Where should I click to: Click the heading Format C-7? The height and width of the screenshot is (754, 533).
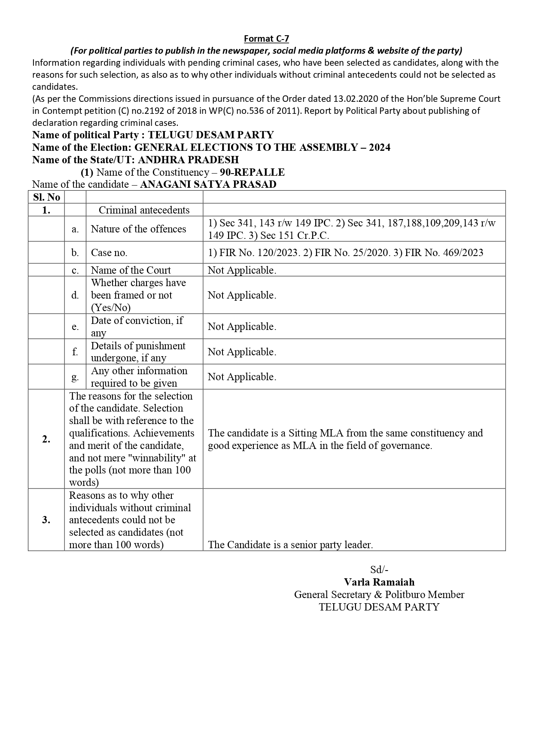point(266,39)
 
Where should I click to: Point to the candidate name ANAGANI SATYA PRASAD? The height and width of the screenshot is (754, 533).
point(208,184)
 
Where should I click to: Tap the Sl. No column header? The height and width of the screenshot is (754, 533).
point(46,197)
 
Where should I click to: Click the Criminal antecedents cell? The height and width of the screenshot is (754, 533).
point(144,210)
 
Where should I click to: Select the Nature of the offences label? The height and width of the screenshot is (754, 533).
point(138,229)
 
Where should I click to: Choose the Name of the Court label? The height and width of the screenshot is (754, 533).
point(131,270)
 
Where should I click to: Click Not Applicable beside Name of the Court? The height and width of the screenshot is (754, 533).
point(242,270)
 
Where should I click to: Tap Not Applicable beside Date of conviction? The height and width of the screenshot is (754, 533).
point(242,327)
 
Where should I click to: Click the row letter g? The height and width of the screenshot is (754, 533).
point(75,377)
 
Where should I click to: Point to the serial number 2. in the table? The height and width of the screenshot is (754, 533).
point(46,439)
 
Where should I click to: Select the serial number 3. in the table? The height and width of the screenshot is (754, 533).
point(46,520)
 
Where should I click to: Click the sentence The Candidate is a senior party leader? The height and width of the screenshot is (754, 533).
point(290,545)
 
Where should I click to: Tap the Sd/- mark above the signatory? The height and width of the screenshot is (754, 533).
point(379,570)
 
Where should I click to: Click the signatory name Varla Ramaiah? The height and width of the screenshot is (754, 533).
point(379,582)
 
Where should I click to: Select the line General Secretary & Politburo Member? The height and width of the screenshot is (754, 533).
point(379,595)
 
